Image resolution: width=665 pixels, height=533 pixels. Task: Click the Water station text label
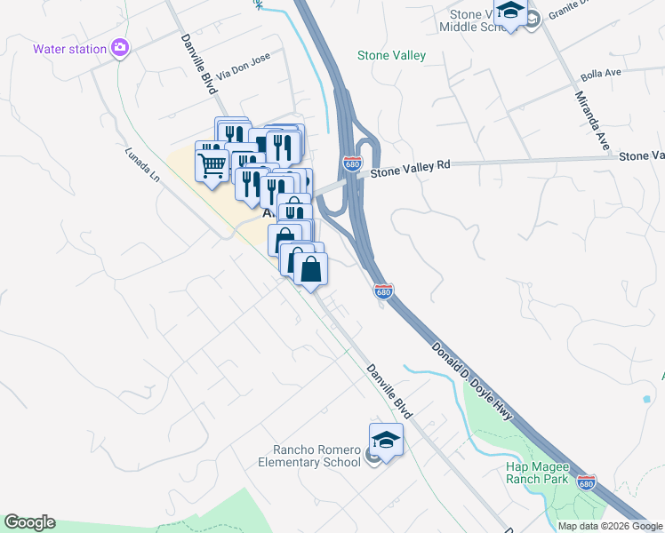coord(69,49)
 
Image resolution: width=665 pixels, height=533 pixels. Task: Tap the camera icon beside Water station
coord(119,48)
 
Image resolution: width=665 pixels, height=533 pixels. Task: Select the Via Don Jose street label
coord(243,68)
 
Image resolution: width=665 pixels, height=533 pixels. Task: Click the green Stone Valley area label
coord(391,55)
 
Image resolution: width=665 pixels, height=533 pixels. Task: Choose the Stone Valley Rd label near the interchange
coord(412,166)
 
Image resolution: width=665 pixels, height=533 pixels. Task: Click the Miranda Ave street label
coord(591,117)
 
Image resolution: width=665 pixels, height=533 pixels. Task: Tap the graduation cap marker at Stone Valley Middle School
coord(510,12)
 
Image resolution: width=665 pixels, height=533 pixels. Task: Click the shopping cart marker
coord(212,163)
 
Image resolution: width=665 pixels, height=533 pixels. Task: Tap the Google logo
coord(29,522)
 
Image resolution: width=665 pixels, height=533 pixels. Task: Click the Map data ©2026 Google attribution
coord(610,526)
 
